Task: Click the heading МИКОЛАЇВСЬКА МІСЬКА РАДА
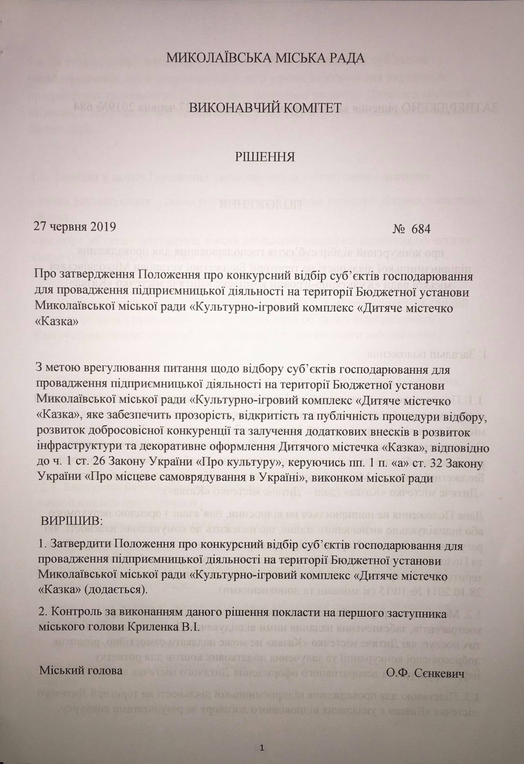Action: click(x=265, y=58)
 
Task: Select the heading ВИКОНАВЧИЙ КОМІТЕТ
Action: click(x=265, y=108)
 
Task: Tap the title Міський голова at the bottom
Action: click(x=81, y=671)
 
